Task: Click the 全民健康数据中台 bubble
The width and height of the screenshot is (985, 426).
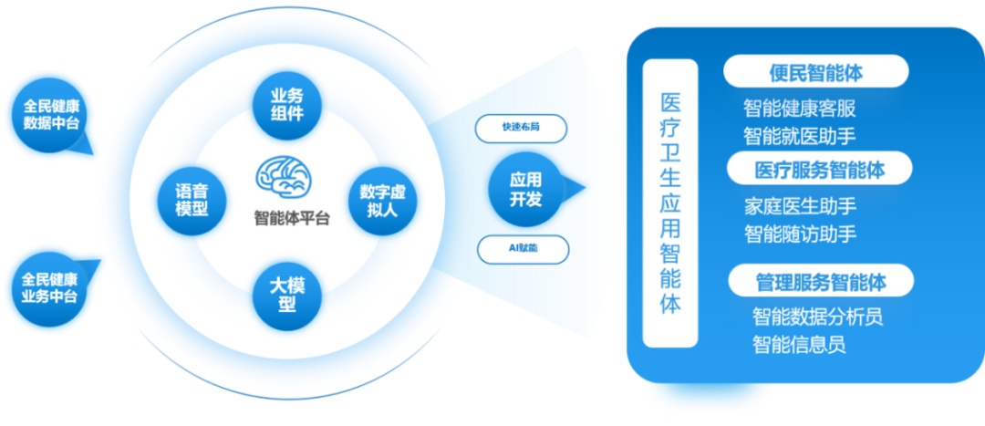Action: [x=50, y=114]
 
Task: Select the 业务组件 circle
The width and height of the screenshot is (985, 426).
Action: [x=287, y=104]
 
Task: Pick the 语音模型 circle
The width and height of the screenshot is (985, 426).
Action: [x=192, y=201]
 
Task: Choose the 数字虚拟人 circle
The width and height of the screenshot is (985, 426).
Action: [x=382, y=201]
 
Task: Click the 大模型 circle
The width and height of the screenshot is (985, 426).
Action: [x=287, y=296]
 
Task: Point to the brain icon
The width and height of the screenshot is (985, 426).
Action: [x=286, y=177]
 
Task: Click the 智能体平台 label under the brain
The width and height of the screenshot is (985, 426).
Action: [x=291, y=217]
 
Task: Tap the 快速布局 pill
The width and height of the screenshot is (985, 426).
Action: [x=522, y=129]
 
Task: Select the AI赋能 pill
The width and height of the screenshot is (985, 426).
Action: [x=524, y=249]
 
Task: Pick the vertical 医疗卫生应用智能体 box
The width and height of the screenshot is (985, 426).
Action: [x=670, y=203]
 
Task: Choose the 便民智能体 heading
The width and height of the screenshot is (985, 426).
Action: [x=816, y=71]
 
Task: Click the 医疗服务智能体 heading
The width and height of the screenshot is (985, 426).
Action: [x=820, y=169]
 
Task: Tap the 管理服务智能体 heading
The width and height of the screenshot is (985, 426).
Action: [x=821, y=280]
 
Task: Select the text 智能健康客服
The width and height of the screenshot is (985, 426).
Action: [x=799, y=109]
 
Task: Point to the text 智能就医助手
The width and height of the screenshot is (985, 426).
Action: [x=799, y=136]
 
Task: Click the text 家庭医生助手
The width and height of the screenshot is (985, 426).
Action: [x=800, y=206]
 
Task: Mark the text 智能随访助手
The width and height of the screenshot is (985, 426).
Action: [x=800, y=234]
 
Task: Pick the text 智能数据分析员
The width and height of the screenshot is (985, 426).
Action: [x=818, y=316]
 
